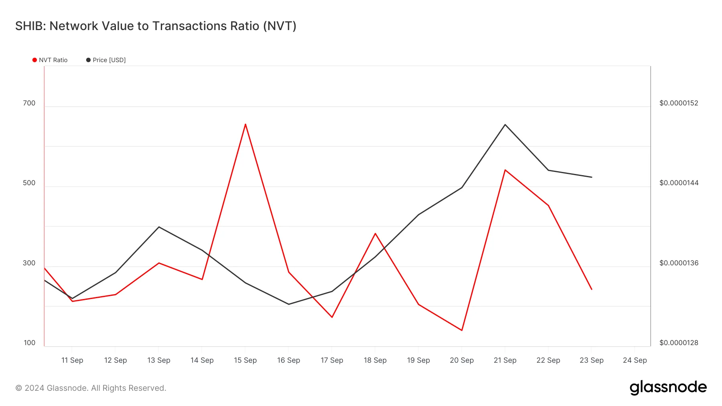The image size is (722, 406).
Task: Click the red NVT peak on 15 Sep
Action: tap(245, 124)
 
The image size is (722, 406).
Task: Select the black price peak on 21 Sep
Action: tap(505, 125)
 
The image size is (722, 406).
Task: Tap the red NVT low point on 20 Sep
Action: tap(462, 330)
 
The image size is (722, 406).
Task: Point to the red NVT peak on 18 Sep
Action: tap(375, 233)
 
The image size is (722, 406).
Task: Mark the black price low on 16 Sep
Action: tap(289, 304)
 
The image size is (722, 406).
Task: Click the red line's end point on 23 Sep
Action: tap(592, 289)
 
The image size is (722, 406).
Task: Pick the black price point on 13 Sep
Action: tap(159, 227)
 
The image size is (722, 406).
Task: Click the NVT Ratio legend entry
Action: tap(50, 60)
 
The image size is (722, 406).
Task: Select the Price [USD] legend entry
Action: tap(106, 60)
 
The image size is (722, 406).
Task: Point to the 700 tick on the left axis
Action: tap(29, 103)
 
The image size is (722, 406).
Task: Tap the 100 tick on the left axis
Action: tap(30, 343)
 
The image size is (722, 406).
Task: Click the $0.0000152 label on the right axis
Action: tap(679, 103)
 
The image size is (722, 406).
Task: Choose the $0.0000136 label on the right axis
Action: tap(679, 263)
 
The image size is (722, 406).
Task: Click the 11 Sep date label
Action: tap(72, 360)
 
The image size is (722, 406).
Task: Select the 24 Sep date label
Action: tap(635, 360)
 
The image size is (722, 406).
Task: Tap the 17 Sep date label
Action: tap(332, 360)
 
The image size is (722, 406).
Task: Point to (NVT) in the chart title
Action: tap(280, 26)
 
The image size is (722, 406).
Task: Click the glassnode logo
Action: tap(668, 388)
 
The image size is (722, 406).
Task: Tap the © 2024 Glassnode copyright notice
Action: tap(91, 388)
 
